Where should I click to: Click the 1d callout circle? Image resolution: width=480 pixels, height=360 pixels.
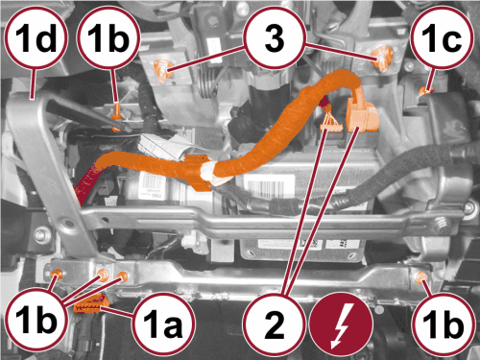(x=36, y=37)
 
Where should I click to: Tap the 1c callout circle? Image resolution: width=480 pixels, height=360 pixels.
(x=442, y=37)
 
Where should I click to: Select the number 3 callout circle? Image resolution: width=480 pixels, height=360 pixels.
(x=275, y=37)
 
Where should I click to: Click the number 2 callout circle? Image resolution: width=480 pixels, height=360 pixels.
(x=275, y=324)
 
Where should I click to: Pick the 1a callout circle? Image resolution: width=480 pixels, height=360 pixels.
(x=164, y=324)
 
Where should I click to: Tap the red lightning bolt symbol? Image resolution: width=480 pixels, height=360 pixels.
(x=342, y=324)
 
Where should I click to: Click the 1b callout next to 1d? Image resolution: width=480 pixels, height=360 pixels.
(x=108, y=37)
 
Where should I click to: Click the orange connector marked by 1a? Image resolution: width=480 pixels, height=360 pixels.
(x=91, y=304)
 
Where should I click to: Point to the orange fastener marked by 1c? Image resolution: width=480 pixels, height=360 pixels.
(x=425, y=91)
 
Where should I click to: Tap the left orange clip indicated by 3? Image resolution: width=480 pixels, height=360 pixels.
(x=163, y=70)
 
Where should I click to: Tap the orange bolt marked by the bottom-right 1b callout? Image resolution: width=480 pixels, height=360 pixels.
(x=420, y=276)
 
